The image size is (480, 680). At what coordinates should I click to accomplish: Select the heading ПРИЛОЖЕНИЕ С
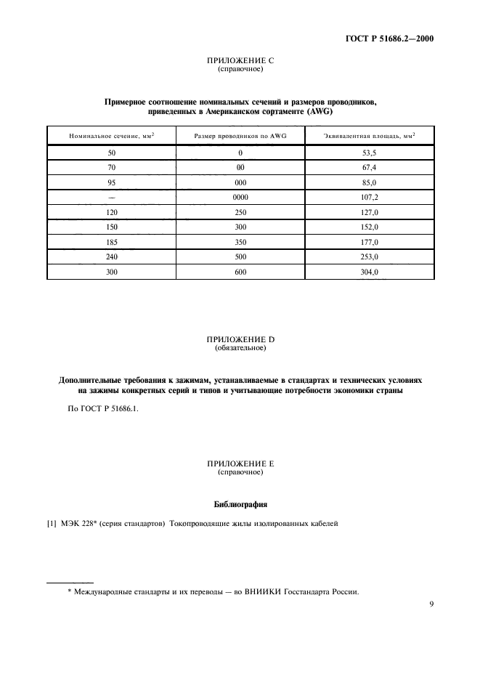[240, 60]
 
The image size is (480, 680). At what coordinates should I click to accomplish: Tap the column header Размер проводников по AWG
[240, 136]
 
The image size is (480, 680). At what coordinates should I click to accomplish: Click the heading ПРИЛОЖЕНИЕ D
[240, 340]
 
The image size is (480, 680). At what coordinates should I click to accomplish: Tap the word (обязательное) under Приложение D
[240, 349]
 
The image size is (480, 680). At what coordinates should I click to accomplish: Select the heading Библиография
[240, 503]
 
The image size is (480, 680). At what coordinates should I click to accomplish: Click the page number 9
[431, 603]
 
